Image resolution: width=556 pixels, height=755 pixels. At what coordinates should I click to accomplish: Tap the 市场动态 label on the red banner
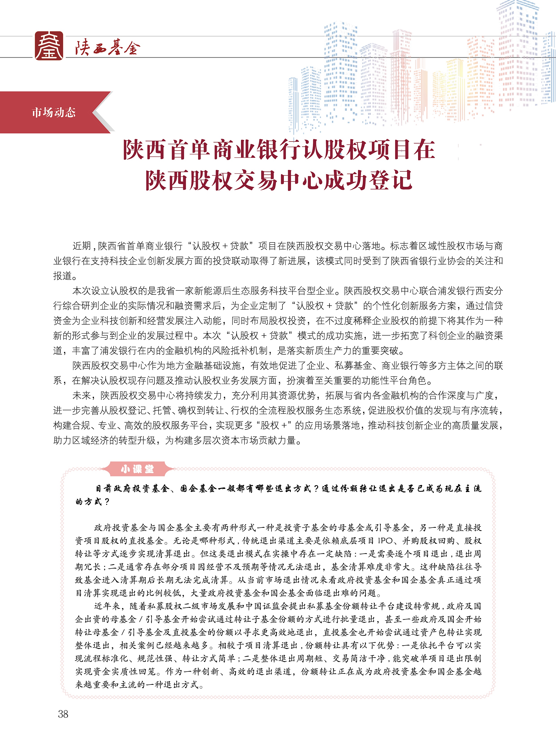54,112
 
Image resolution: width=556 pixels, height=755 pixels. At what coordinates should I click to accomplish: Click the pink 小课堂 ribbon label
137,469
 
